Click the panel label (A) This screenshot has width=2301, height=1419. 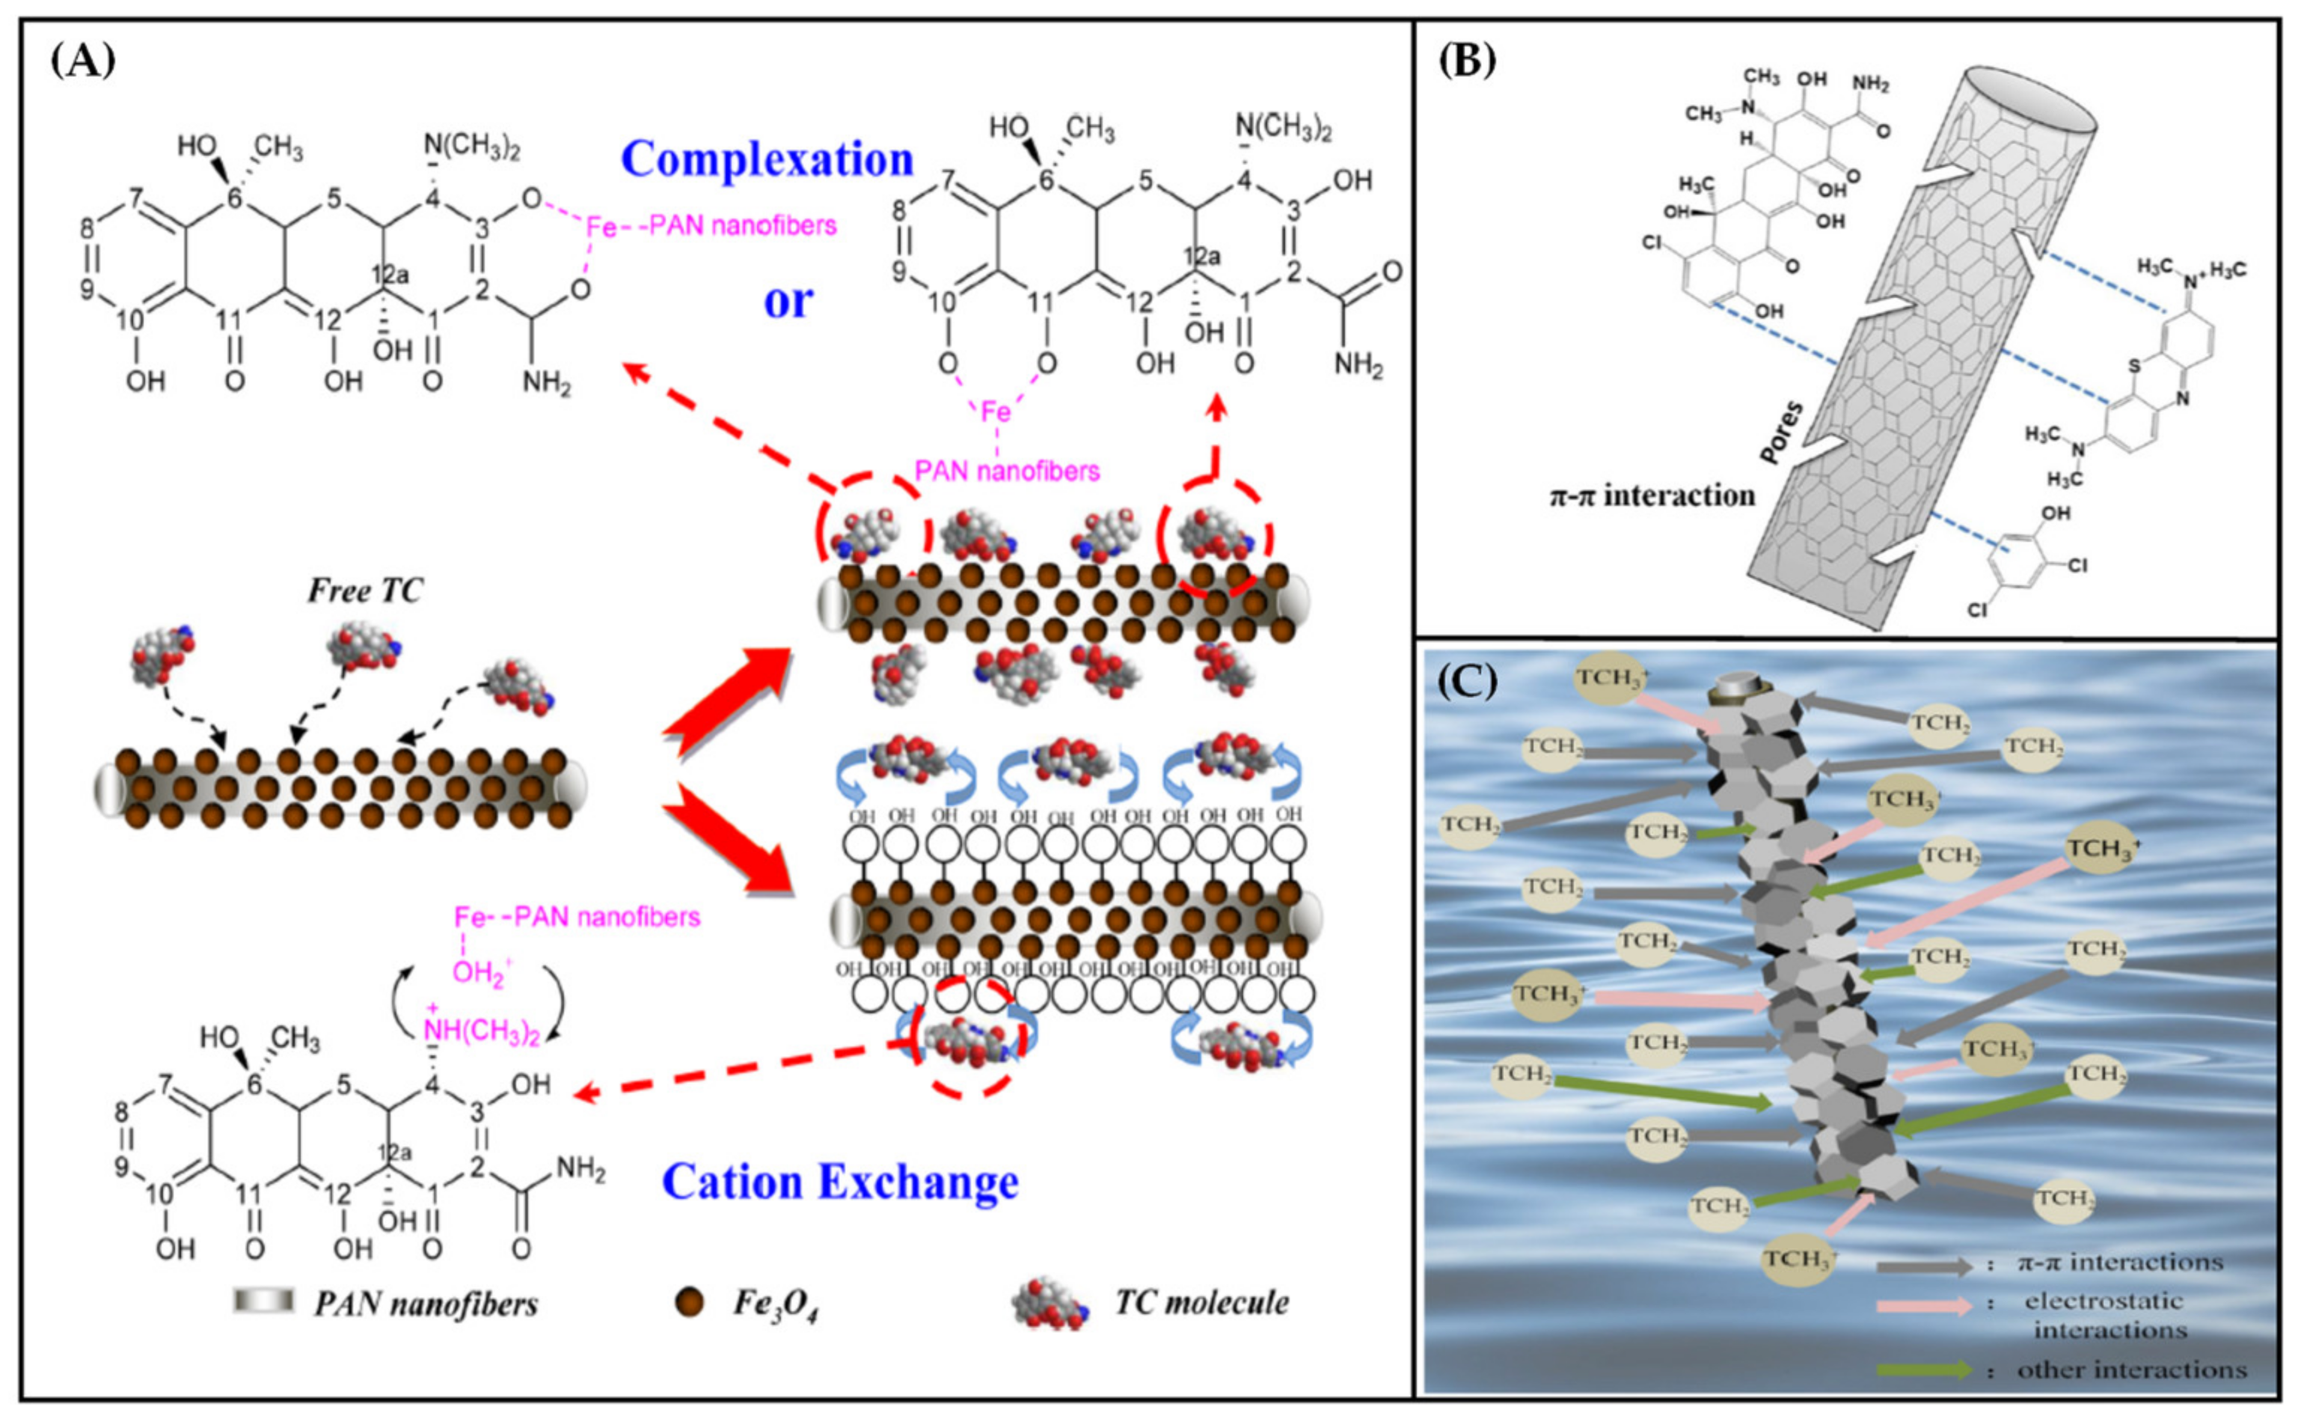pyautogui.click(x=82, y=61)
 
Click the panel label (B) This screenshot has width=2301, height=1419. pyautogui.click(x=1468, y=61)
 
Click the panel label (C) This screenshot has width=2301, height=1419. pyautogui.click(x=1468, y=683)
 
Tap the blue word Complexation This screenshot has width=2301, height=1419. pyautogui.click(x=766, y=159)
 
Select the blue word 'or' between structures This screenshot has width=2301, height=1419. pyautogui.click(x=787, y=300)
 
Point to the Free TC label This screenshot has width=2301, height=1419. pyautogui.click(x=365, y=591)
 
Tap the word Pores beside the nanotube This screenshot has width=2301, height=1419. pyautogui.click(x=1780, y=433)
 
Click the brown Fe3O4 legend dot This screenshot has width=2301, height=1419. pyautogui.click(x=690, y=1303)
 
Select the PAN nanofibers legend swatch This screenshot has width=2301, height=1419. pyautogui.click(x=263, y=1301)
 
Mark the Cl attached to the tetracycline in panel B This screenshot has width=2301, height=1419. pyautogui.click(x=1652, y=243)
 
